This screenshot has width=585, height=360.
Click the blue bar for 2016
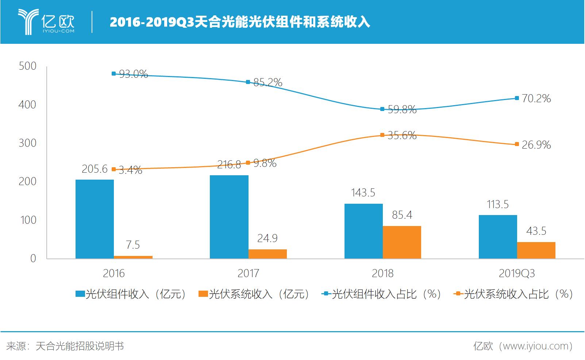pos(95,219)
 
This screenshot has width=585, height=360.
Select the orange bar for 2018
pos(402,242)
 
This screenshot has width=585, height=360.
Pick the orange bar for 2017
pos(268,254)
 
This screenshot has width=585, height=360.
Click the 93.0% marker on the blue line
pos(113,74)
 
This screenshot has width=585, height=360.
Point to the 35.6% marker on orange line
pos(382,135)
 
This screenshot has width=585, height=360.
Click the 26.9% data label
pos(536,145)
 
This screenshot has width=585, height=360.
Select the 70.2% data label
pos(536,99)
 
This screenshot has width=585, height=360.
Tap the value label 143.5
pos(363,193)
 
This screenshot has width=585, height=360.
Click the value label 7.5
pos(133,245)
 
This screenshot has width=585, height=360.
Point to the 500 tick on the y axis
pos(27,66)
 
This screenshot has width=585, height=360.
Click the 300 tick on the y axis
pos(27,143)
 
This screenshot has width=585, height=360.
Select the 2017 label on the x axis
pos(248,273)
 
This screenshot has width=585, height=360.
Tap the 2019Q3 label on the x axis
pos(516,273)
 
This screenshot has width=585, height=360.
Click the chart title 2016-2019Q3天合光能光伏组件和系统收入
pos(240,22)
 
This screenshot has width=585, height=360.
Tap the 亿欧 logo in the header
pos(46,22)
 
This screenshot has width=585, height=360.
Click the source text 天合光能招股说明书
pos(80,346)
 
